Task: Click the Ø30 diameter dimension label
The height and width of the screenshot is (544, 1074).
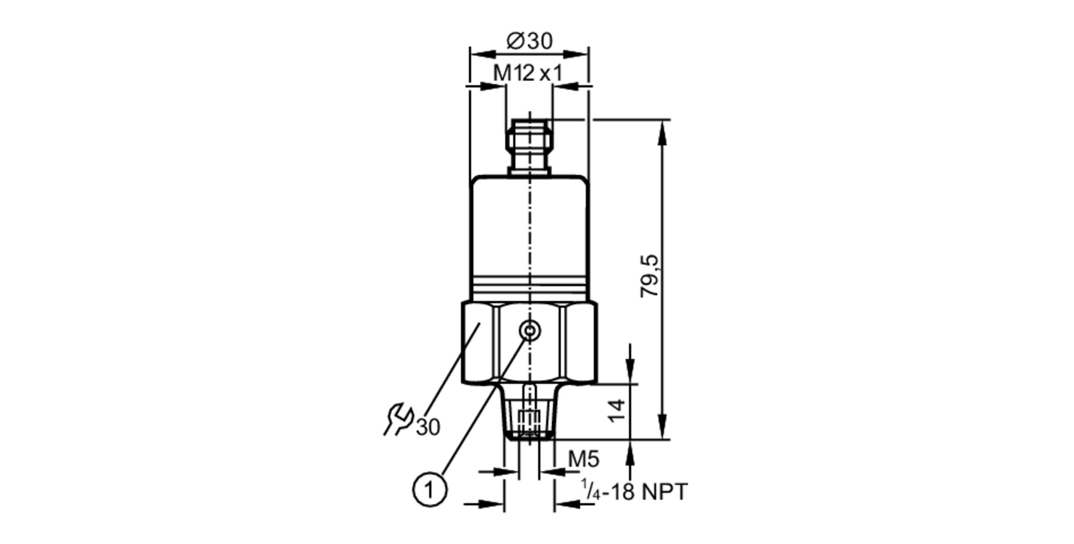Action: tap(529, 41)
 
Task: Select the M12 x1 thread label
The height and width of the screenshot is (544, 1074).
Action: tap(527, 73)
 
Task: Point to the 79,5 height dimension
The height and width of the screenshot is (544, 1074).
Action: tap(649, 276)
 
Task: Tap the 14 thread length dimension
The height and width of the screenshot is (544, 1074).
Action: tap(618, 411)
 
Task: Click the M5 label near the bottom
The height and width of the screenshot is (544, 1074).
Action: tap(583, 459)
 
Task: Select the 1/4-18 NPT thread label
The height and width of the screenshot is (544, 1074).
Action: tap(634, 492)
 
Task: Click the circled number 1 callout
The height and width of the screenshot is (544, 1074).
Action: tap(430, 490)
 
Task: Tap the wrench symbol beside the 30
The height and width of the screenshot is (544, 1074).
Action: tap(398, 419)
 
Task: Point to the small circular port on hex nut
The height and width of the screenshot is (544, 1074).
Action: tap(530, 331)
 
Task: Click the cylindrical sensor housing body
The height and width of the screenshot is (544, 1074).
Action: tap(529, 231)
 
